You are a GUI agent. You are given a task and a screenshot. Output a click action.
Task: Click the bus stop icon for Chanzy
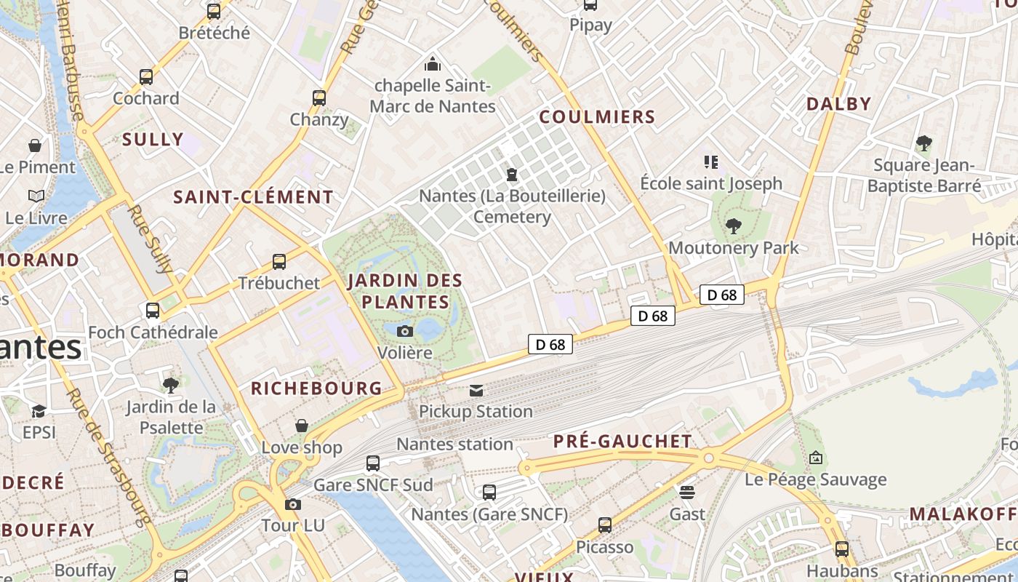(318, 98)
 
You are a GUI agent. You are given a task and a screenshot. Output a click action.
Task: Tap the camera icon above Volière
(405, 332)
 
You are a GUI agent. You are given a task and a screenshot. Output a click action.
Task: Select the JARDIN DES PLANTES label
(405, 291)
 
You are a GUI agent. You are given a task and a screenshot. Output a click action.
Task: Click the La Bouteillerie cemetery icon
(512, 175)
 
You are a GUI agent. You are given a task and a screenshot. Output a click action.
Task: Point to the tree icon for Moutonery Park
(733, 226)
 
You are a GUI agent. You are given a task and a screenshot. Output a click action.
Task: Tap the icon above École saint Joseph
(710, 162)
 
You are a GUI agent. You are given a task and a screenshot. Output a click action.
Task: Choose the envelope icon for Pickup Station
(476, 391)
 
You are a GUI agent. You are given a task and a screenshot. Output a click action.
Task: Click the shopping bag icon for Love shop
(302, 426)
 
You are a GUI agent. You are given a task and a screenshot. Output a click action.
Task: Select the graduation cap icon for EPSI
(39, 411)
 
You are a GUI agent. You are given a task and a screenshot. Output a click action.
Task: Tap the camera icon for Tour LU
(293, 504)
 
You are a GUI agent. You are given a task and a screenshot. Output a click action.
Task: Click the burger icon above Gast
(687, 493)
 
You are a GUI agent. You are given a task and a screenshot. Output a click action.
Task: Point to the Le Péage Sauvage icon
(816, 458)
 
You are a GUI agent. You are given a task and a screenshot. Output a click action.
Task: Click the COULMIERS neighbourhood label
(597, 117)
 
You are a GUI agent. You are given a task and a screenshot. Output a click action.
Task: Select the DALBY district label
(838, 104)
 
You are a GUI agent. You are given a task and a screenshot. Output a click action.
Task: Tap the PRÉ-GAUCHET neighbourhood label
(622, 442)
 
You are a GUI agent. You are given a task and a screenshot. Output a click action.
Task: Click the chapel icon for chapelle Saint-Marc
(433, 64)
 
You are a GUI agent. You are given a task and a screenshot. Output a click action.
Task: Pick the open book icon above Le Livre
(36, 196)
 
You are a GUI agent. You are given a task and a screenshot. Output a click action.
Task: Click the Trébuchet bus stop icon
(279, 262)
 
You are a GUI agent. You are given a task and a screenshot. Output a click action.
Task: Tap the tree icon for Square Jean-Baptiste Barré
(923, 143)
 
